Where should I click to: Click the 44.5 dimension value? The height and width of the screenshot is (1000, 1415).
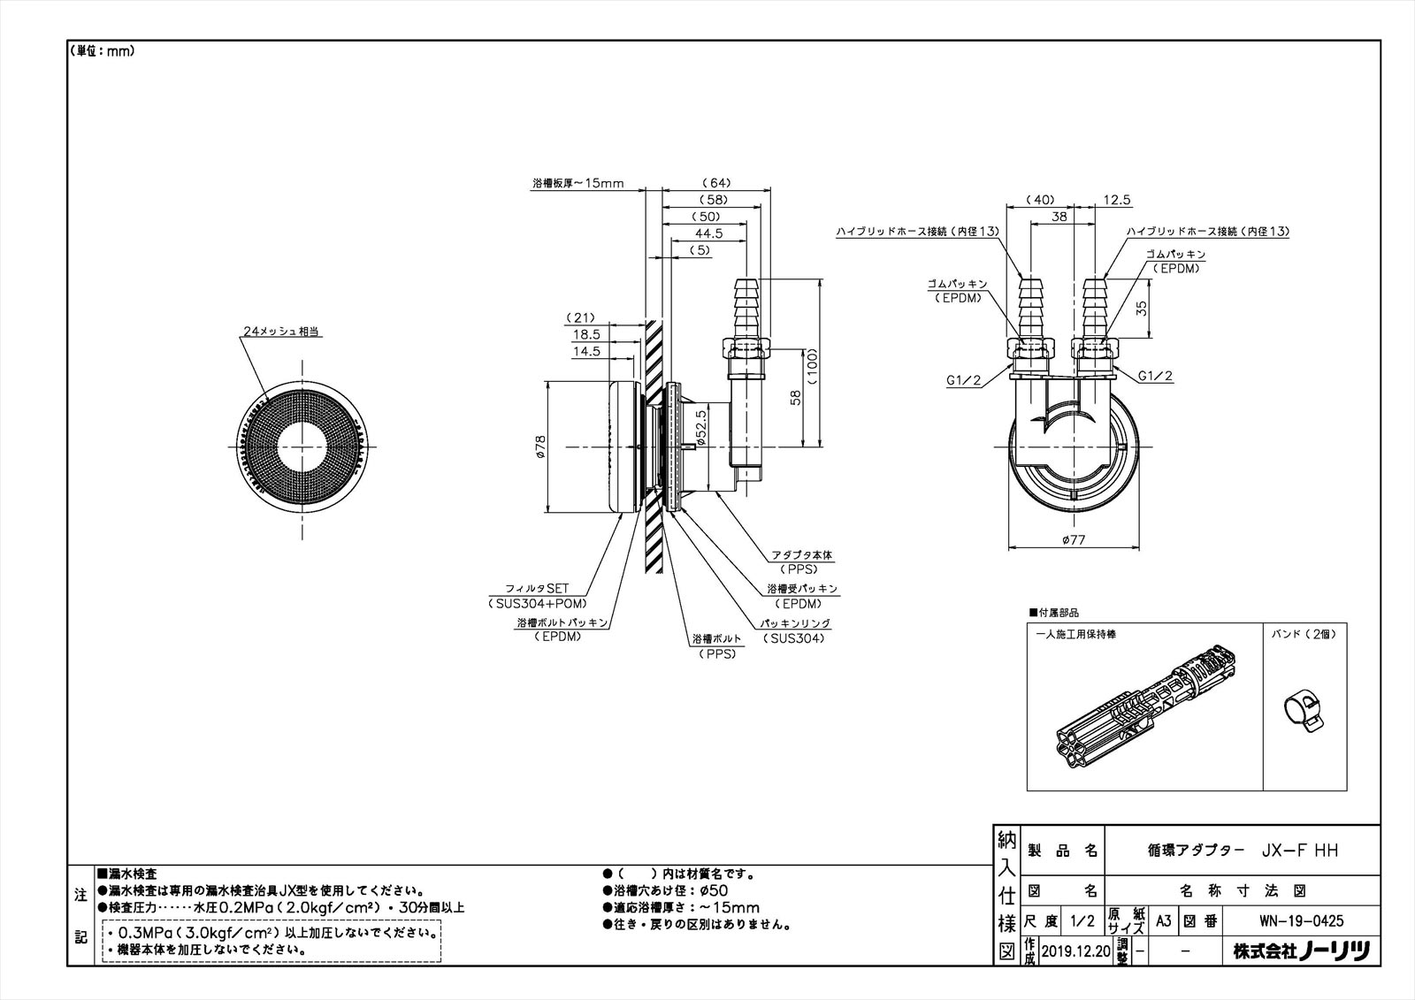[707, 233]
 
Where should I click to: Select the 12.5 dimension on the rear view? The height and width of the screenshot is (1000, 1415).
[1117, 201]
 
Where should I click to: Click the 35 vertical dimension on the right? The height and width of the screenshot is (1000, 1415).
[1141, 308]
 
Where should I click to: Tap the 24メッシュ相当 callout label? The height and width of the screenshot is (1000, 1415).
[280, 332]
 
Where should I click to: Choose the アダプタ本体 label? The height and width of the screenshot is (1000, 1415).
[801, 555]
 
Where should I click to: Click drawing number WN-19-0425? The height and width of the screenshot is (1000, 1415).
[1301, 920]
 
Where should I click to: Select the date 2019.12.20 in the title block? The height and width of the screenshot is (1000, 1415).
[1075, 950]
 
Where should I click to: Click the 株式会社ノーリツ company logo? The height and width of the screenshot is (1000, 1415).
[1301, 951]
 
